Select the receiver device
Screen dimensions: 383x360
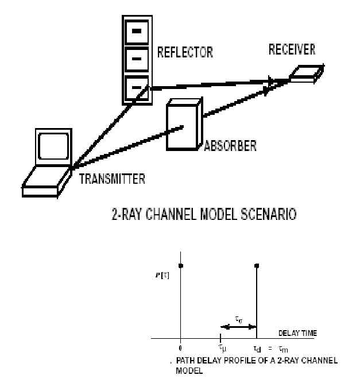pos(303,74)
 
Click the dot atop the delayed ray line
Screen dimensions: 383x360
pos(257,265)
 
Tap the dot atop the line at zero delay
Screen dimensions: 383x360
pos(181,265)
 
